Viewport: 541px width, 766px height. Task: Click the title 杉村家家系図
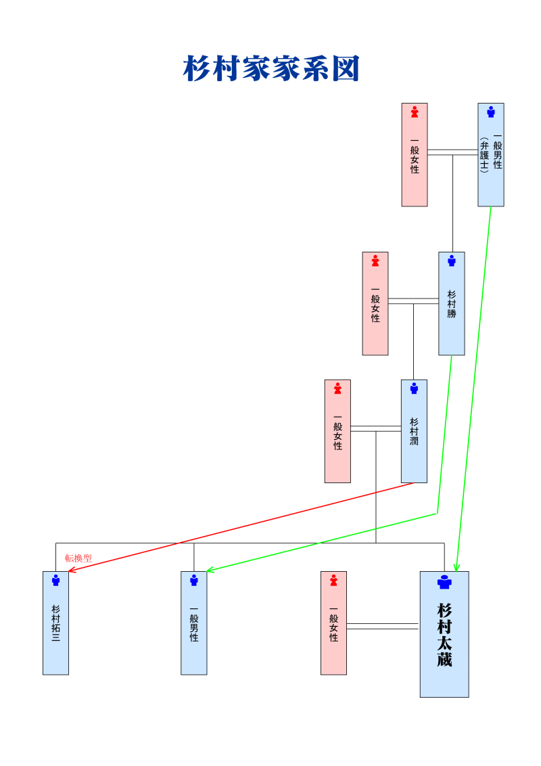[271, 69]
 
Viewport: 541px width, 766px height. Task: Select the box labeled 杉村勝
[451, 304]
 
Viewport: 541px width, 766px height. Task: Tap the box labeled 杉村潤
[414, 431]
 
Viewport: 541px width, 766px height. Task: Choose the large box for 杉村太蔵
[444, 634]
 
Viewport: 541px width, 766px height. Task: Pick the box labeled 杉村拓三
[55, 623]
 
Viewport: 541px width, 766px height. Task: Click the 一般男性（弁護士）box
[491, 155]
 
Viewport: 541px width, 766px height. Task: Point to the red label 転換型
[78, 558]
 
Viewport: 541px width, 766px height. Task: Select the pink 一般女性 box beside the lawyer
[415, 155]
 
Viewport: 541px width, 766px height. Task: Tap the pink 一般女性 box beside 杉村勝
[375, 304]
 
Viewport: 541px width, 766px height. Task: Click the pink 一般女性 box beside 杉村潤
[337, 431]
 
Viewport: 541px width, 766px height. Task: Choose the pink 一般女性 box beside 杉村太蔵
[333, 623]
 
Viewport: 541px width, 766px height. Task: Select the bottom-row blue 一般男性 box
[194, 623]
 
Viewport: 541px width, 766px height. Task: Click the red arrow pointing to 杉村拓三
[243, 526]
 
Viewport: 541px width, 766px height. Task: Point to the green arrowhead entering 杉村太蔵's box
[456, 567]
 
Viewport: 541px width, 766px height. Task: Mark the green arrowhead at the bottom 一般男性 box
[210, 570]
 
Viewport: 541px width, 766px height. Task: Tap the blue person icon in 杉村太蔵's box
[444, 583]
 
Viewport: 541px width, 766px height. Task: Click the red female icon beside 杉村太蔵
[333, 580]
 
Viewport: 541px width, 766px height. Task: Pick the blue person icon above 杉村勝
[451, 260]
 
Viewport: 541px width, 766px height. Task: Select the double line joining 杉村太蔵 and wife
[382, 626]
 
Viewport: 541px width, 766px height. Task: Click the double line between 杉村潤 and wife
[375, 428]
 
